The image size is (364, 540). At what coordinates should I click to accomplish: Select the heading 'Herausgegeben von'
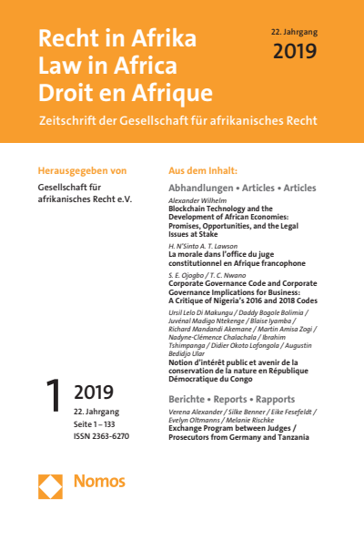coord(81,170)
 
